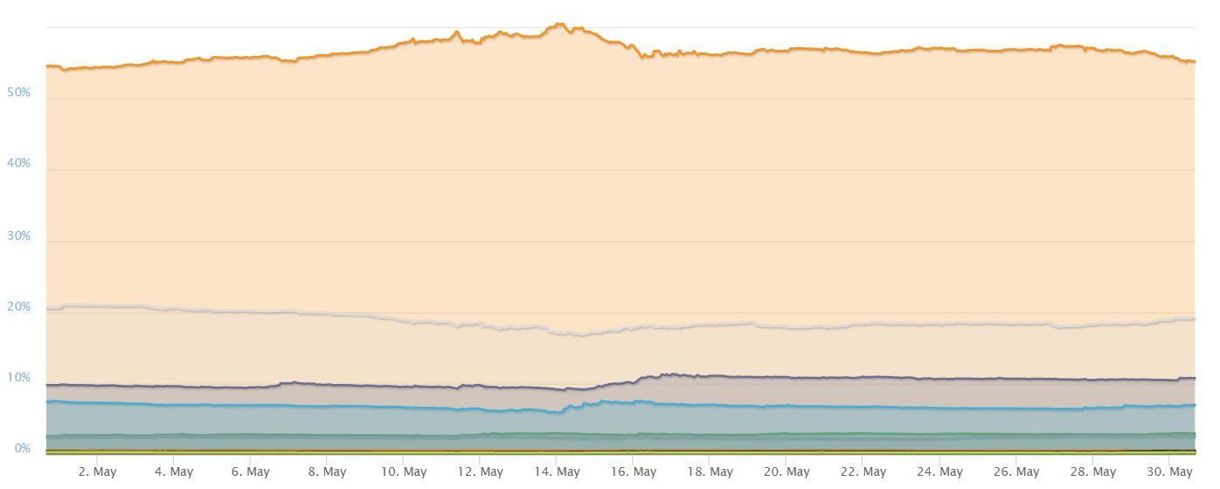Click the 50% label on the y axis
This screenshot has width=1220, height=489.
(x=18, y=92)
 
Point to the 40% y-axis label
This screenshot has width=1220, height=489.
(x=18, y=164)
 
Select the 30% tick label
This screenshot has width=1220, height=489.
(x=18, y=235)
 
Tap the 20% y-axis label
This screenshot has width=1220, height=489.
(x=18, y=307)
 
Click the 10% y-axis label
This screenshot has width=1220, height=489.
(x=18, y=378)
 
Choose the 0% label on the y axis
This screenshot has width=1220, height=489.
(x=22, y=449)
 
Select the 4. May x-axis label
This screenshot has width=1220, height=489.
(x=172, y=472)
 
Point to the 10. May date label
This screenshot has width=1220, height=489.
(x=402, y=472)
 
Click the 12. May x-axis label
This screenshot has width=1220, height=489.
(x=479, y=472)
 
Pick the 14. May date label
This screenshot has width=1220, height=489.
(x=556, y=472)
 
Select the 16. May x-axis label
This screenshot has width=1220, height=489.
(x=632, y=472)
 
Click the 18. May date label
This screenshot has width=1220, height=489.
(x=709, y=472)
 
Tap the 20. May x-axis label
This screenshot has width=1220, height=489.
(x=786, y=472)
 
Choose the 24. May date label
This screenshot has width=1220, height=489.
(x=939, y=472)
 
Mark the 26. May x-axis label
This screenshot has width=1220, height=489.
(x=1016, y=472)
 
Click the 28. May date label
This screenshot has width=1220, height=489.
(x=1092, y=472)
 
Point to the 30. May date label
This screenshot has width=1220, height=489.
(x=1168, y=472)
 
